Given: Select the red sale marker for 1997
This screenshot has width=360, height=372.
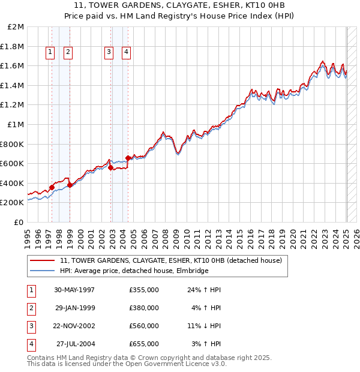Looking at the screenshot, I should [52, 187].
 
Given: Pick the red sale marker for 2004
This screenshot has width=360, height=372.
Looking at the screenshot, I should [128, 158].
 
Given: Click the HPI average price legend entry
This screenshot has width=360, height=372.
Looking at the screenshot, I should [134, 271].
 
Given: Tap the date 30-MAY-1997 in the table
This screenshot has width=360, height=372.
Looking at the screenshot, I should [74, 290].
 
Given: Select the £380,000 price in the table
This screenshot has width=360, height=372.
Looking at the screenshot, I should [144, 308].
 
